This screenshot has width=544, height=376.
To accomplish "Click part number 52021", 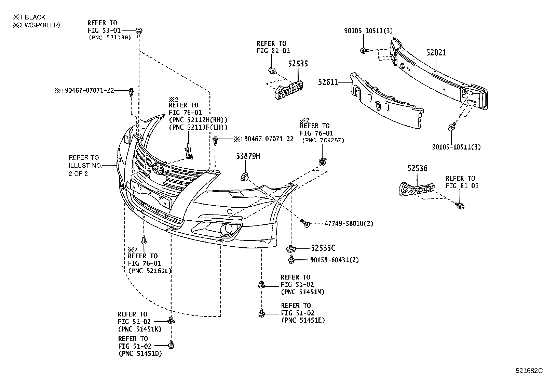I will click(x=436, y=53).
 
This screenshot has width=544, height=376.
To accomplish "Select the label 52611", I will click(x=328, y=82).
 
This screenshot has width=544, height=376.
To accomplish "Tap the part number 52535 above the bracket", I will click(x=298, y=64).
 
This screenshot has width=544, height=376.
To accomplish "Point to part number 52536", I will click(x=417, y=168).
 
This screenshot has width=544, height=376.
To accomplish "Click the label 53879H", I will click(x=248, y=156).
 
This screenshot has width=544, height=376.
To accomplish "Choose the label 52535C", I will click(x=323, y=248).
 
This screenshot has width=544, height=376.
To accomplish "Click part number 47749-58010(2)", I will click(x=349, y=224).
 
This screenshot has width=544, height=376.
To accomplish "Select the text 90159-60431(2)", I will click(x=335, y=260).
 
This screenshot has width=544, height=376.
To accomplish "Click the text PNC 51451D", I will click(x=140, y=354).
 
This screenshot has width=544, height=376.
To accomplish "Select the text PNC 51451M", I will click(x=302, y=292).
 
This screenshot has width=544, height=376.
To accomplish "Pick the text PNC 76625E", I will click(x=323, y=140).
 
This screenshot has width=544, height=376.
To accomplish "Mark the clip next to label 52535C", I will click(x=291, y=248).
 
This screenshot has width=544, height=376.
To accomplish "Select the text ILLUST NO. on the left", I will click(x=85, y=166).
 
